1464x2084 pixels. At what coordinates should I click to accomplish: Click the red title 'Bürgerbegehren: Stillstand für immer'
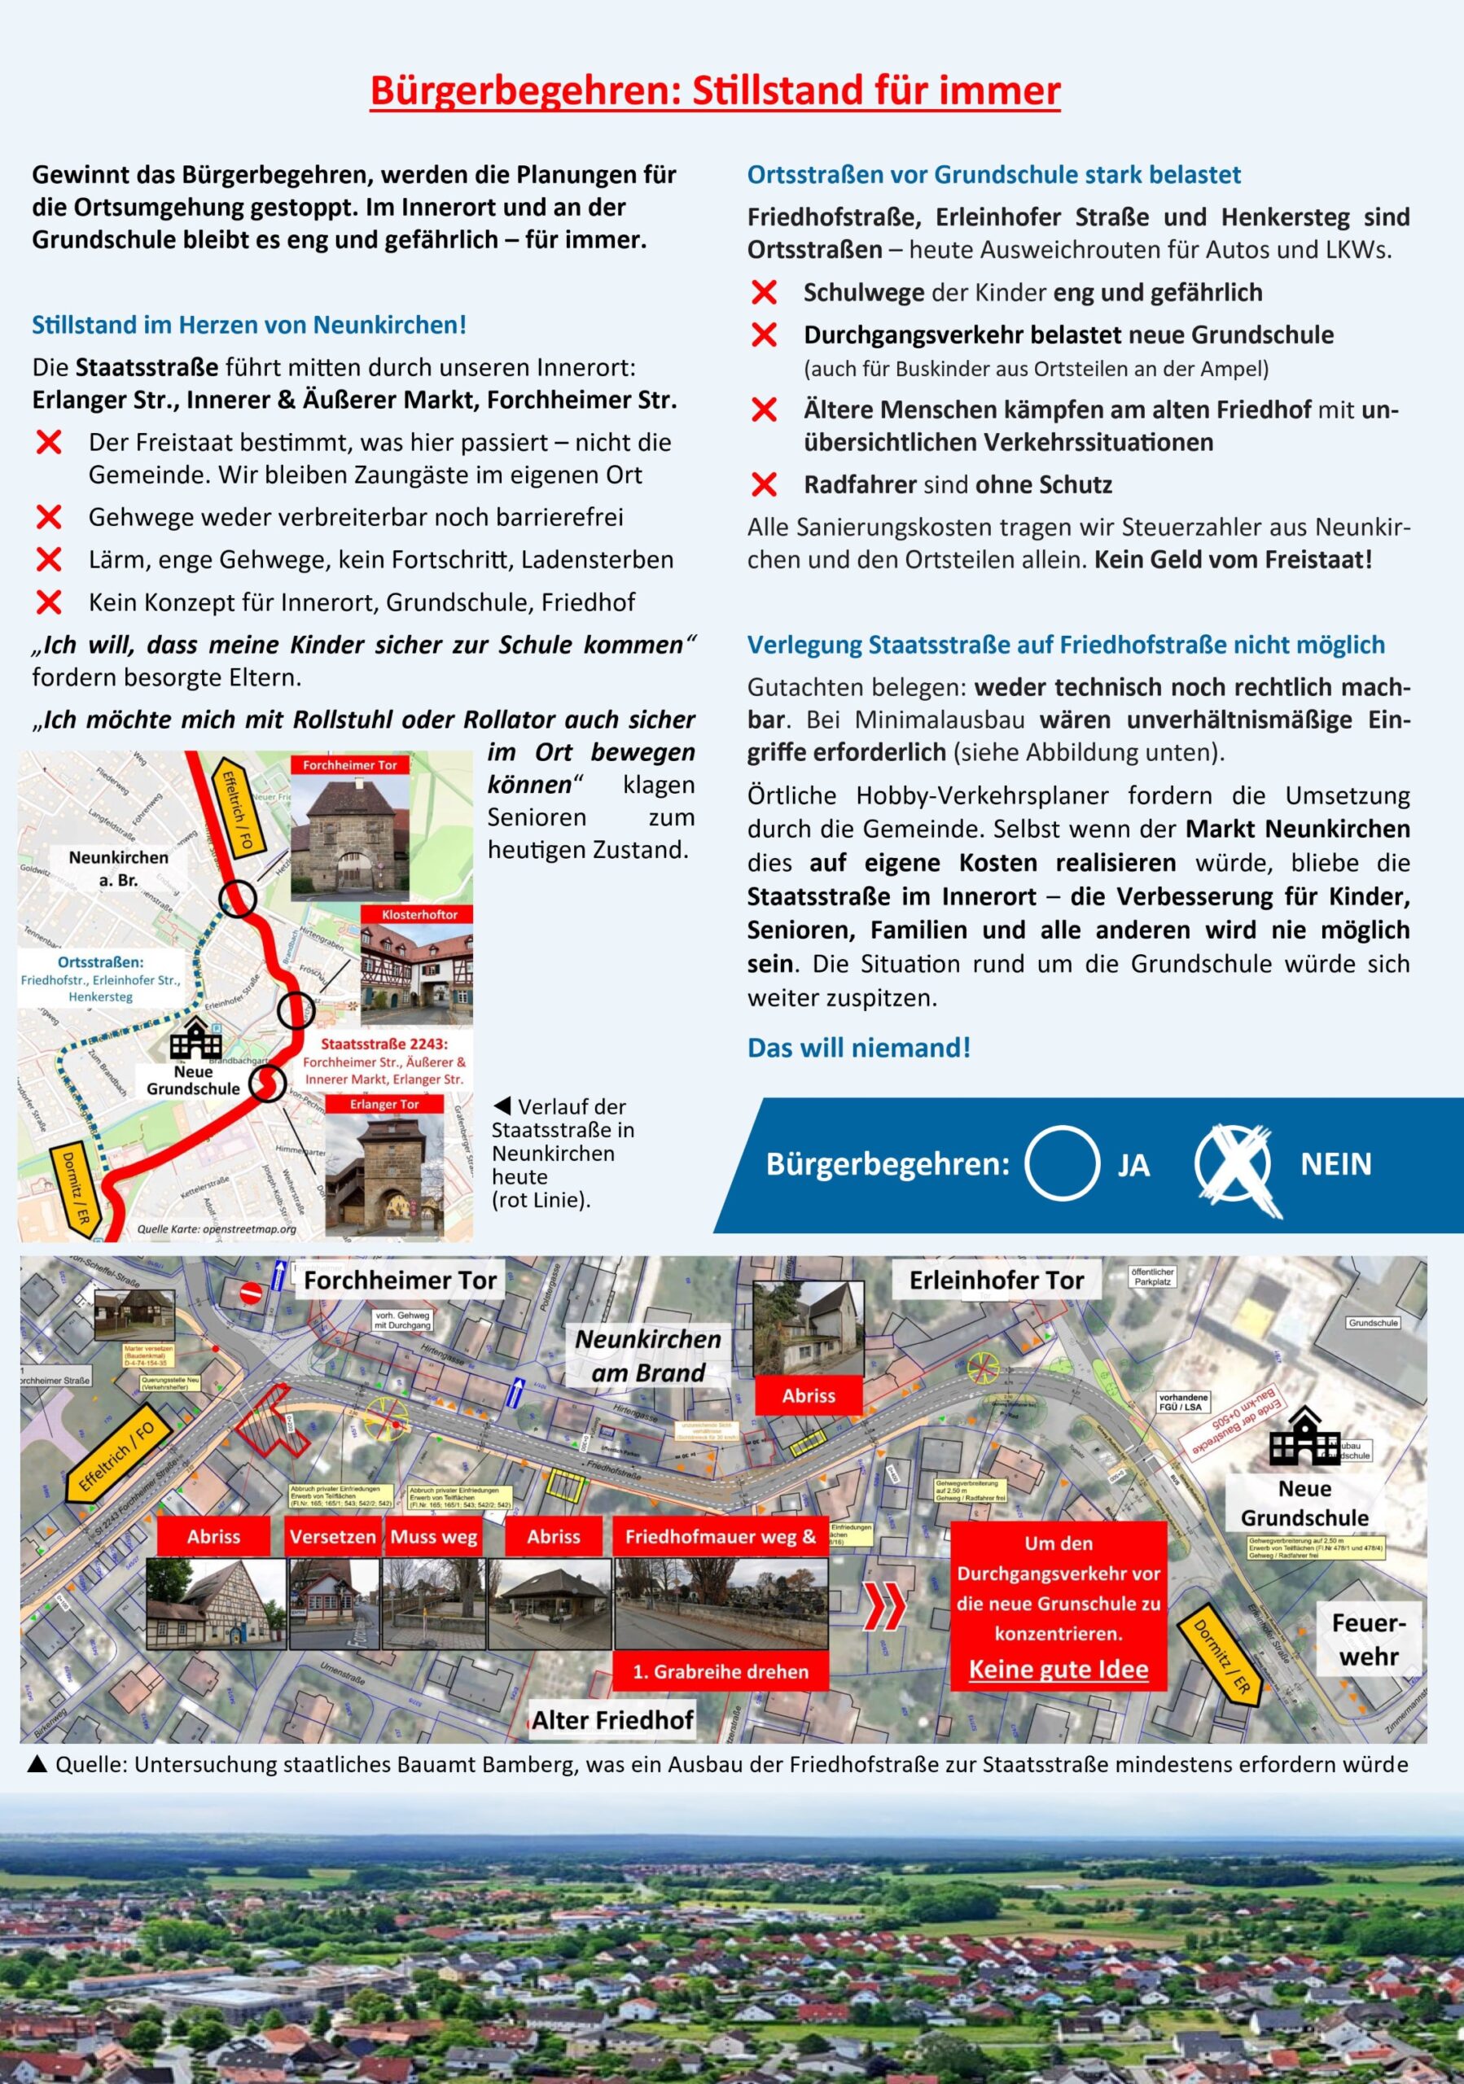click(714, 90)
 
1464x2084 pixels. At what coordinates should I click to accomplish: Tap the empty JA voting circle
click(1061, 1162)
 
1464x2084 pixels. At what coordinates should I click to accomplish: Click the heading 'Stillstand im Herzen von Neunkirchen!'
click(248, 325)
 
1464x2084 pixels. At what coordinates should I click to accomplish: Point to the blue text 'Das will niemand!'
click(858, 1048)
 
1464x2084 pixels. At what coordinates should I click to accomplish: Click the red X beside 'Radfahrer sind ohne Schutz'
click(765, 484)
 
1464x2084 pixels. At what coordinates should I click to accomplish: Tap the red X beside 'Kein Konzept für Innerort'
click(49, 602)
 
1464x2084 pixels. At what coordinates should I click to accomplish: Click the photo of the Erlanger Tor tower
click(385, 1176)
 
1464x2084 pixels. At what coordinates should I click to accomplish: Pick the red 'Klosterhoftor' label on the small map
click(419, 914)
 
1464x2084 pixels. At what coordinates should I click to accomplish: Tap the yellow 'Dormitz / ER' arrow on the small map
click(77, 1186)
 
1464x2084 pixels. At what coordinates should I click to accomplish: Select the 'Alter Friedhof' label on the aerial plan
click(612, 1720)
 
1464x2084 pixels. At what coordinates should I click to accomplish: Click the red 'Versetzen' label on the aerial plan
click(332, 1537)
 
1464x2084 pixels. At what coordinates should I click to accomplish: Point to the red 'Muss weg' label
click(434, 1537)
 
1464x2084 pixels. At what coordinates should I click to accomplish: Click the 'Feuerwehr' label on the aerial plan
click(1369, 1639)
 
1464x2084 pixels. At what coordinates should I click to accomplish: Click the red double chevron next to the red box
click(884, 1608)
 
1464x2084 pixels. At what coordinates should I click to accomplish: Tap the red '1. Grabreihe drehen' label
click(721, 1671)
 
